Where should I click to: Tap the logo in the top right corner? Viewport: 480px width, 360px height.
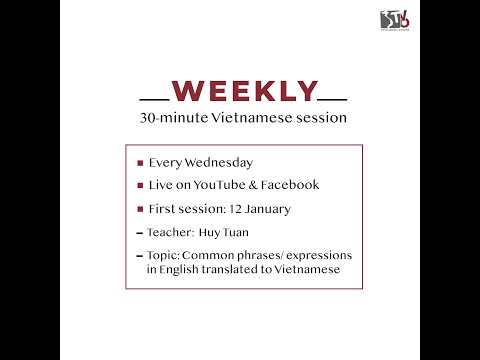pos(400,19)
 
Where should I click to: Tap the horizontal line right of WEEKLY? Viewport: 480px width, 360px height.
pos(332,100)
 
